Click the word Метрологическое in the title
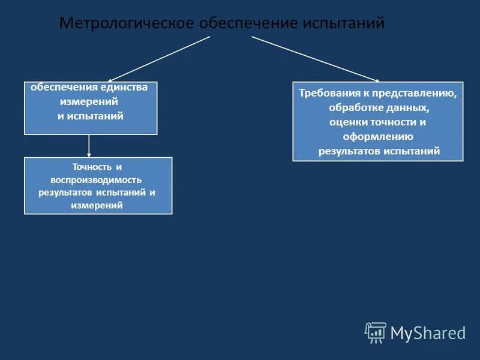pyautogui.click(x=127, y=23)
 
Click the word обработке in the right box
pyautogui.click(x=354, y=108)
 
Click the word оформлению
pyautogui.click(x=378, y=137)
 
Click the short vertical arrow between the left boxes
pyautogui.click(x=89, y=146)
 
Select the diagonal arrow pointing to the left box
pyautogui.click(x=159, y=58)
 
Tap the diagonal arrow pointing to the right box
pyautogui.click(x=316, y=58)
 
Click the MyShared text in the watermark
pyautogui.click(x=428, y=332)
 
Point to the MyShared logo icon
pyautogui.click(x=376, y=332)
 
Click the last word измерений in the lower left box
pyautogui.click(x=98, y=205)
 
